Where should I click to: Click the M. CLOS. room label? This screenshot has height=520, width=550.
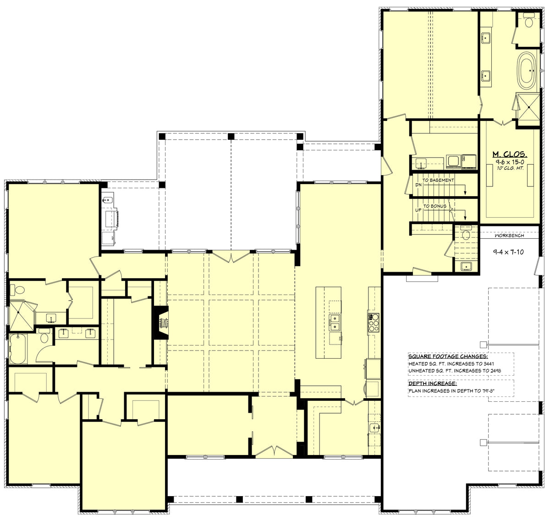tap(510, 154)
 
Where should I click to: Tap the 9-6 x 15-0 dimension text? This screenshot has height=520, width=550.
tap(510, 162)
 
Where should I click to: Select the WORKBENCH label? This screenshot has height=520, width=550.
tap(509, 235)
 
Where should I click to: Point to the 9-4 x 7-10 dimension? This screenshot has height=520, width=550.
tap(508, 252)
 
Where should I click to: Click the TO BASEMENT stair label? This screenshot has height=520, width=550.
tap(438, 181)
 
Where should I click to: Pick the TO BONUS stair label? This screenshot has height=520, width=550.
tap(435, 206)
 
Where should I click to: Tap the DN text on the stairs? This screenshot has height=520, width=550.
tap(418, 185)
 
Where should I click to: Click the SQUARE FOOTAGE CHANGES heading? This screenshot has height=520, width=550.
tap(448, 356)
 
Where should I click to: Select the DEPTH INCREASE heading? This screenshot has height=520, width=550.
tap(433, 383)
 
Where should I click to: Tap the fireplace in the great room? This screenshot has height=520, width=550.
tap(160, 323)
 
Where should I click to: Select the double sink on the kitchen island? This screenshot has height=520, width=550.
tap(334, 322)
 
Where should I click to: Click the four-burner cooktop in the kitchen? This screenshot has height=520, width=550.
tap(374, 322)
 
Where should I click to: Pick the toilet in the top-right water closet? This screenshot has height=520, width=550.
tap(528, 21)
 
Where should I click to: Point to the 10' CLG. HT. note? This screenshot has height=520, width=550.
tap(510, 169)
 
